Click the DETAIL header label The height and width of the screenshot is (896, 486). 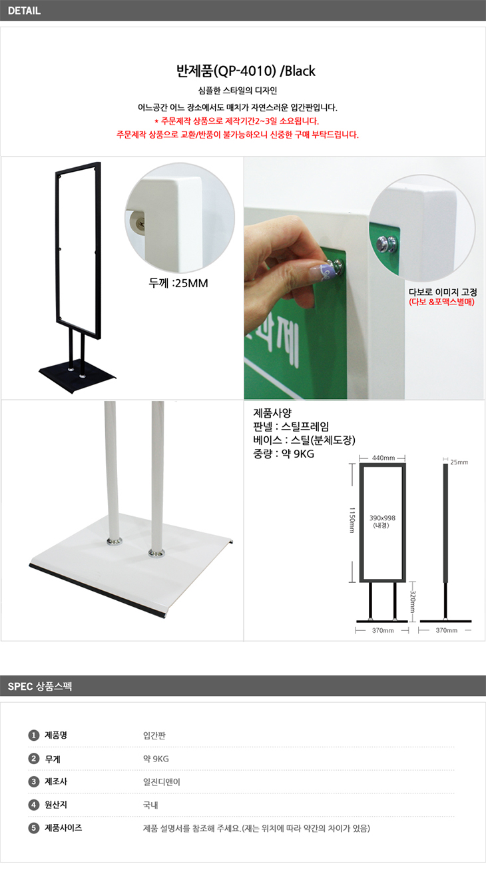tap(24, 11)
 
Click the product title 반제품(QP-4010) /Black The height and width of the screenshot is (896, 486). tap(246, 71)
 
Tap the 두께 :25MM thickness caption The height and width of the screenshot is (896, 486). tap(178, 283)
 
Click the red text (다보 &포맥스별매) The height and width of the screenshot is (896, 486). tap(441, 302)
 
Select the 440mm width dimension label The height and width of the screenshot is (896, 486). tap(383, 458)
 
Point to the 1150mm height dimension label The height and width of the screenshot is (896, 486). tap(352, 520)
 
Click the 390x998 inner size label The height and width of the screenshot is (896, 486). tap(382, 518)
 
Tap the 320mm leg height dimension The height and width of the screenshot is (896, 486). tap(412, 602)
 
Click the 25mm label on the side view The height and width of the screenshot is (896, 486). tap(459, 462)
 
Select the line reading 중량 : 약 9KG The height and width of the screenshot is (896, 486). tap(284, 454)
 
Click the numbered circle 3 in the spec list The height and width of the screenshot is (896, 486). tap(33, 781)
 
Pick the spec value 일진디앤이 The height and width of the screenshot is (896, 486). tap(162, 781)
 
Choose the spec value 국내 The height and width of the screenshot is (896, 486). tap(150, 805)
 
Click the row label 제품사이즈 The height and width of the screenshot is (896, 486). tap(63, 827)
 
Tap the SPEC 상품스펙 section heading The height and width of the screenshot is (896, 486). tap(39, 686)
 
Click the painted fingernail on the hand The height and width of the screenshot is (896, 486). tap(322, 271)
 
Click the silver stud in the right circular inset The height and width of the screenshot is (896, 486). tap(387, 244)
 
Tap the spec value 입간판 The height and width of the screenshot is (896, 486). tap(154, 735)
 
